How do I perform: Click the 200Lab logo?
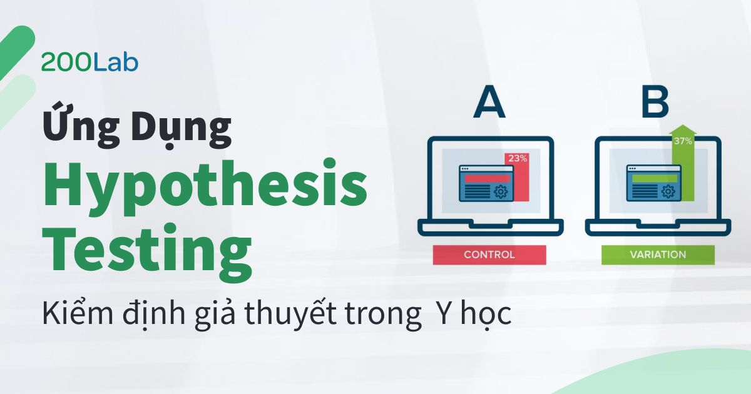click(x=89, y=63)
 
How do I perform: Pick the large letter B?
click(x=655, y=103)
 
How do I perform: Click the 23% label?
click(x=517, y=158)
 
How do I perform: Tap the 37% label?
click(x=682, y=141)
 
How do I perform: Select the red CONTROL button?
click(x=489, y=255)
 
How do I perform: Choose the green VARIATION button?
click(x=658, y=255)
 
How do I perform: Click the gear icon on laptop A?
click(x=500, y=191)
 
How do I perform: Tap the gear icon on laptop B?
click(x=668, y=191)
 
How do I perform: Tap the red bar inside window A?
click(x=483, y=178)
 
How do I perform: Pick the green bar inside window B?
click(x=650, y=178)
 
